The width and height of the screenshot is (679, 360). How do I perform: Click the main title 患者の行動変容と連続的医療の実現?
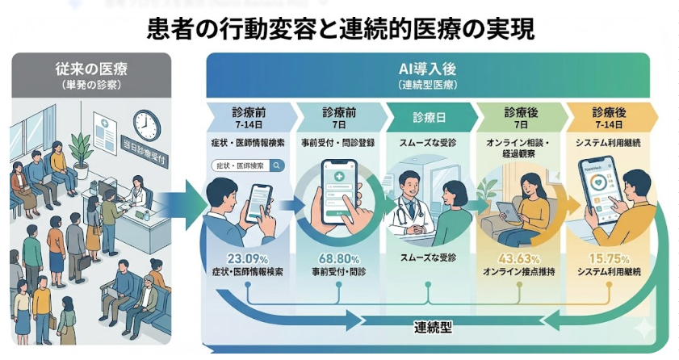coord(340,29)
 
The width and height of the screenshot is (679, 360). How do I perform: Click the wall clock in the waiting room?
coord(146,125)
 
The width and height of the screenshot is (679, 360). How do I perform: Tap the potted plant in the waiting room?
coord(80,149)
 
